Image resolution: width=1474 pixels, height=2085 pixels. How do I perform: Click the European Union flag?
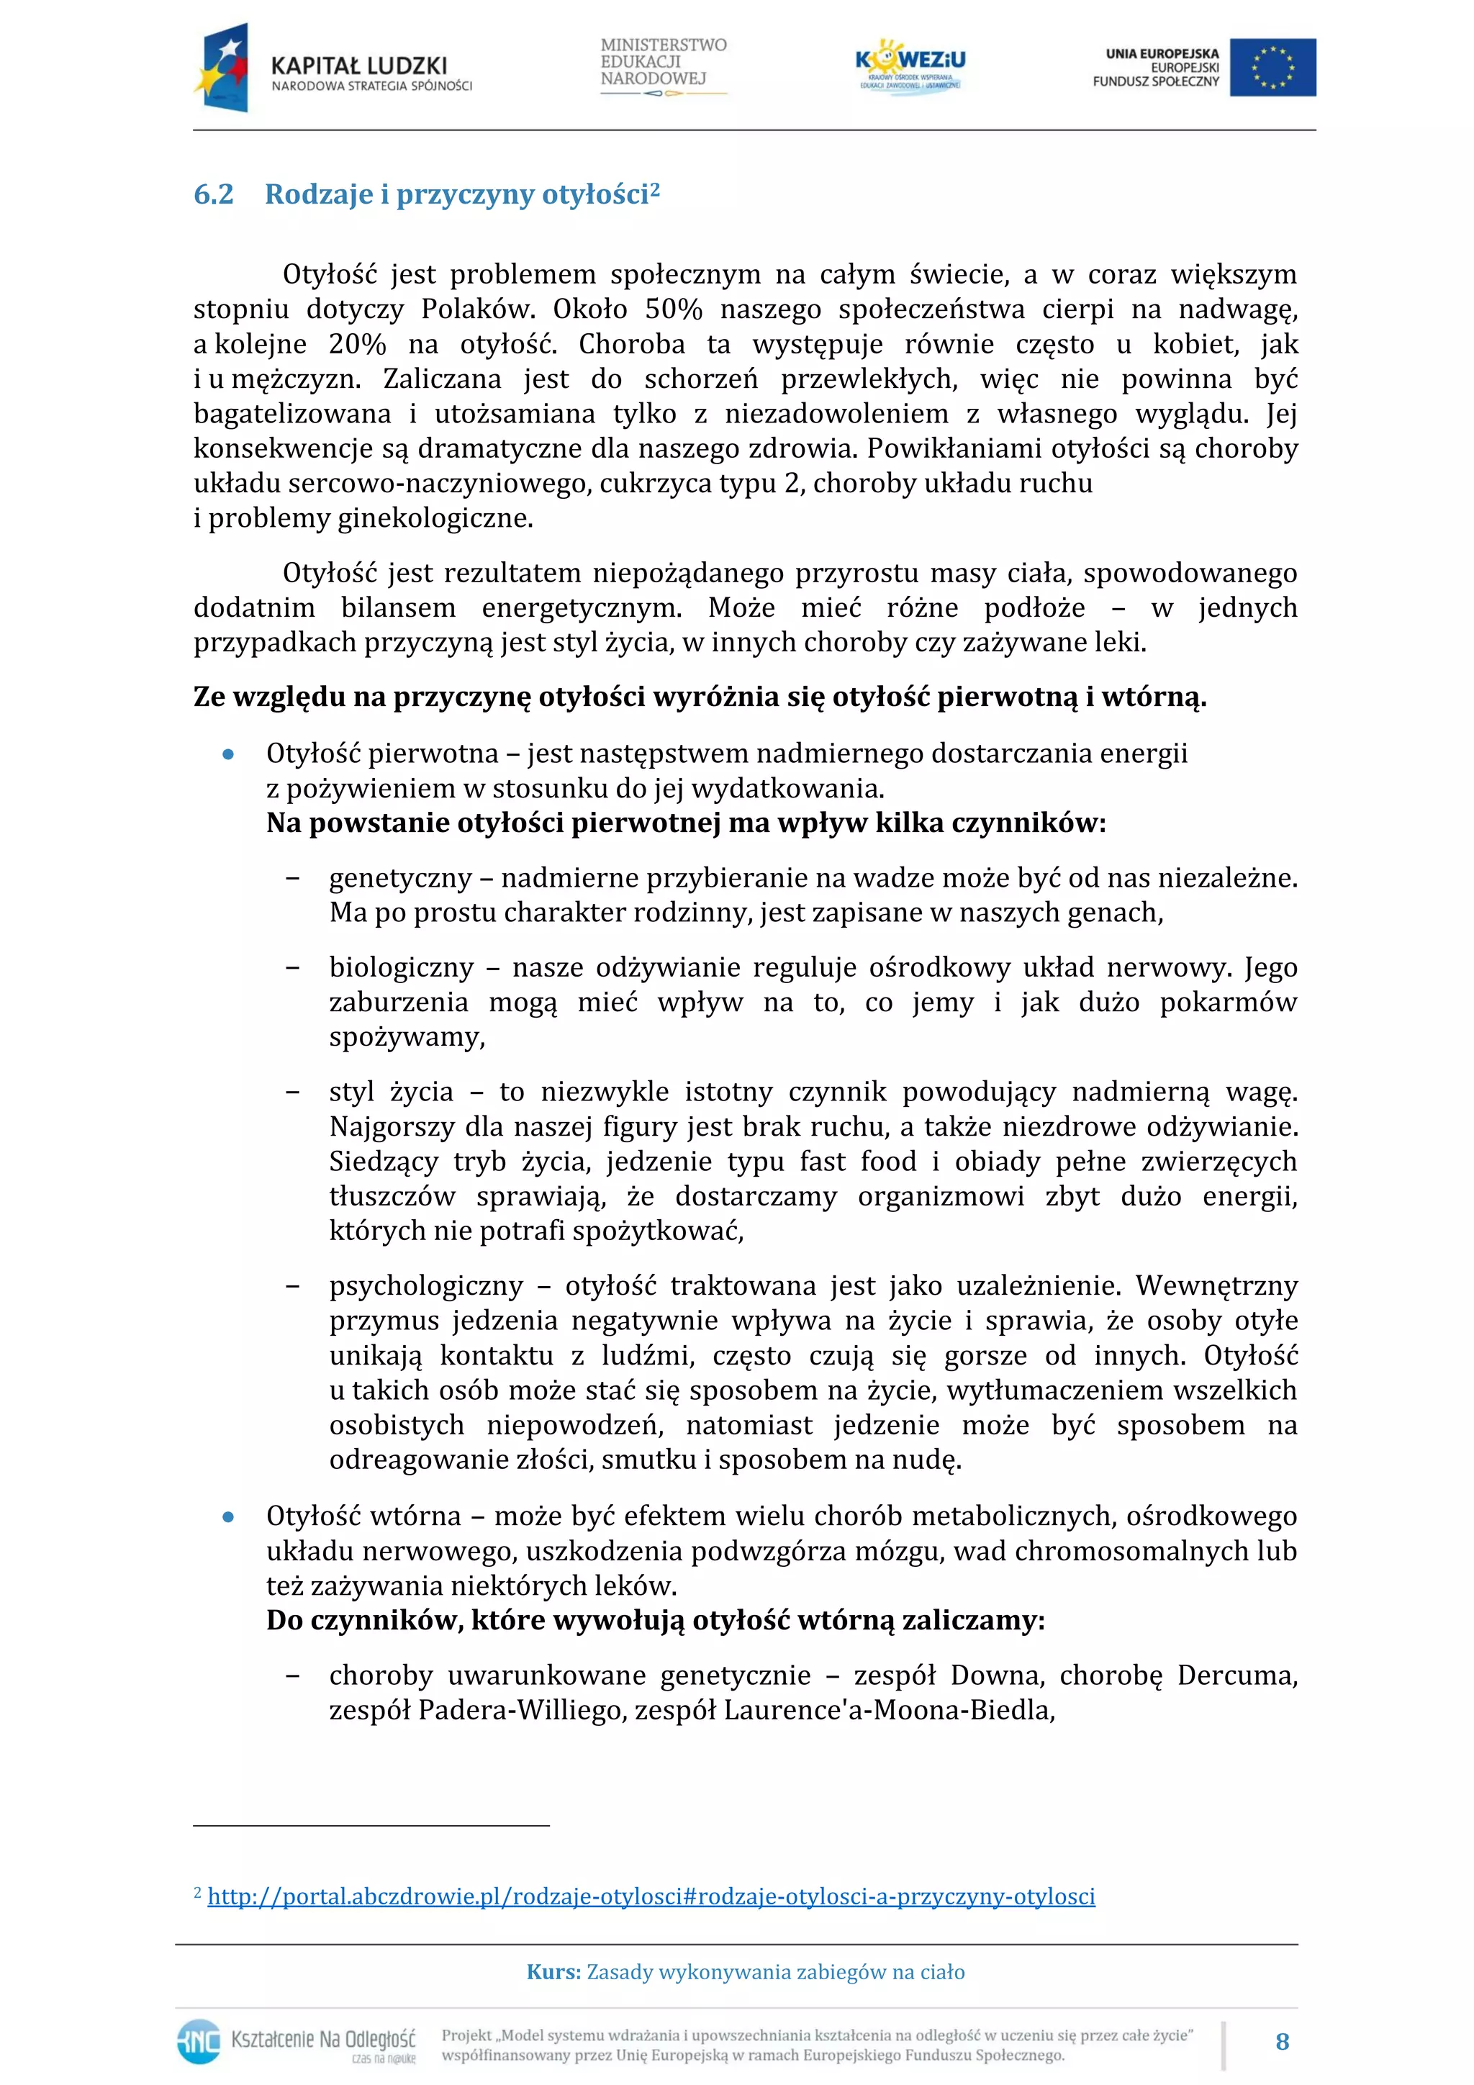point(1272,67)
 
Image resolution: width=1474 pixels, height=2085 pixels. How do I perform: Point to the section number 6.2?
point(214,194)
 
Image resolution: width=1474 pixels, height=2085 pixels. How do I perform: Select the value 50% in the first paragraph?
point(673,309)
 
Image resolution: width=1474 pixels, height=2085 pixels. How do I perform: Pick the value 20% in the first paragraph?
point(357,344)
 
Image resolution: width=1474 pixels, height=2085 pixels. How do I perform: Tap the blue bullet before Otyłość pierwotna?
point(229,755)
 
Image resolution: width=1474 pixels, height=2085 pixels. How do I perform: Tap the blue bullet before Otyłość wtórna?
point(229,1517)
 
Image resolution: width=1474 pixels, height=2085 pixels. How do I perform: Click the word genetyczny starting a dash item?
point(400,878)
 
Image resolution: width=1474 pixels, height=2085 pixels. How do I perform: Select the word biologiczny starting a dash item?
point(402,968)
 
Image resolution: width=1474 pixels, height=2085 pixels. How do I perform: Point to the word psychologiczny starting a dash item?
point(426,1286)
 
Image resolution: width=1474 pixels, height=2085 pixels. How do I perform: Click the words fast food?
point(857,1162)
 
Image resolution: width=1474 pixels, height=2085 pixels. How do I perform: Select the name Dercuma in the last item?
point(1238,1675)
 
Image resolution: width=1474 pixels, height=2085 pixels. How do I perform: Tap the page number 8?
point(1281,2041)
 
